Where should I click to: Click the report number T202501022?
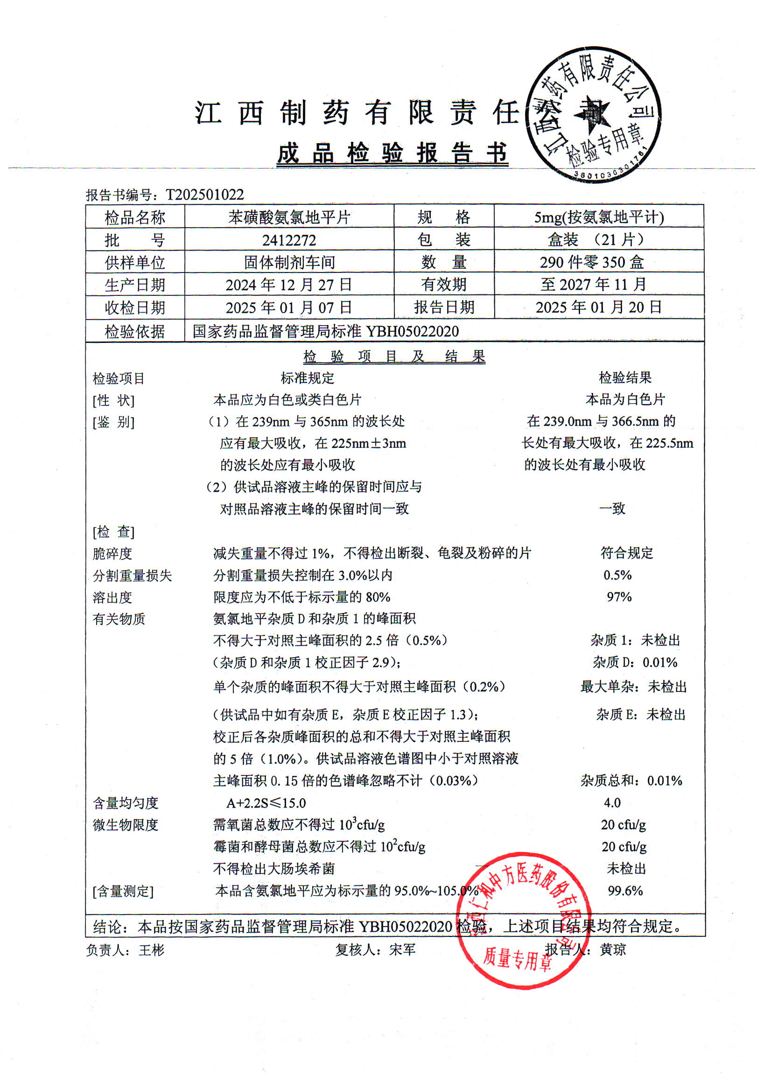pyautogui.click(x=204, y=194)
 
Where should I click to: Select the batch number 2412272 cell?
pyautogui.click(x=289, y=240)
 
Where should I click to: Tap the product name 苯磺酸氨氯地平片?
pyautogui.click(x=289, y=217)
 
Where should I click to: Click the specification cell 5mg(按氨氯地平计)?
pyautogui.click(x=598, y=217)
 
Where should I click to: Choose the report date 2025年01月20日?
pyautogui.click(x=598, y=307)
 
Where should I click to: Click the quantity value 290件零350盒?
pyautogui.click(x=591, y=262)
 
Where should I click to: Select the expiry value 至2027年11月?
pyautogui.click(x=594, y=285)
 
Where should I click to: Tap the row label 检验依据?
pyautogui.click(x=135, y=331)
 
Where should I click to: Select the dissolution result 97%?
pyautogui.click(x=618, y=597)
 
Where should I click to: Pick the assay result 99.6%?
pyautogui.click(x=624, y=891)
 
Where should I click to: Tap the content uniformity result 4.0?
pyautogui.click(x=612, y=802)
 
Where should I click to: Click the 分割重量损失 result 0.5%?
pyautogui.click(x=617, y=575)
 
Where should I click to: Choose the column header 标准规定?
pyautogui.click(x=308, y=377)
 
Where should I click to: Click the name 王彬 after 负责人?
pyautogui.click(x=152, y=950)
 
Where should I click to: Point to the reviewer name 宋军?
pyautogui.click(x=402, y=949)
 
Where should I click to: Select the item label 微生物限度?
pyautogui.click(x=126, y=825)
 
